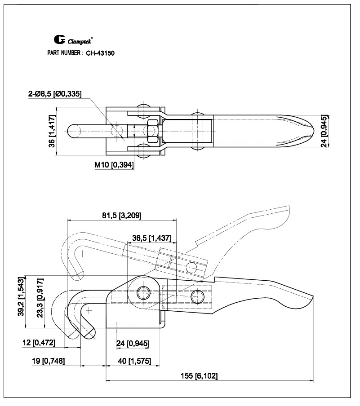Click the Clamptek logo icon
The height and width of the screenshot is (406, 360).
(59, 40)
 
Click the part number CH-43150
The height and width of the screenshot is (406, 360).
(100, 53)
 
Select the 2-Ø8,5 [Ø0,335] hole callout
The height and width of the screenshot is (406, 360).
(54, 94)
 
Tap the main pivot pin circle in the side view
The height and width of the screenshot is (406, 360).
(144, 293)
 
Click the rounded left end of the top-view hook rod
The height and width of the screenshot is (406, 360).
(72, 131)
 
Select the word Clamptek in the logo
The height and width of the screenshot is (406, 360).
(80, 41)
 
